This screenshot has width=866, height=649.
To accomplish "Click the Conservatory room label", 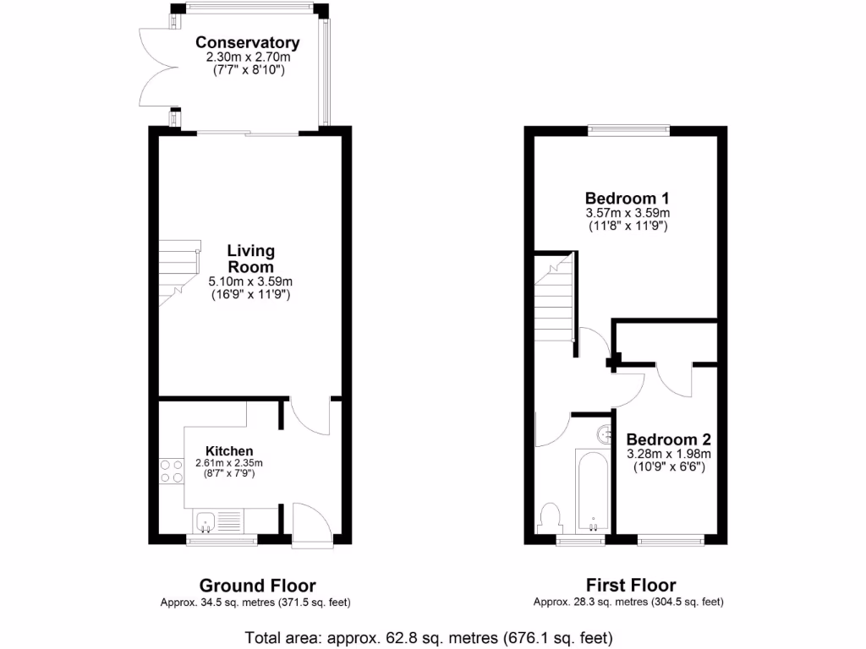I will click(247, 42).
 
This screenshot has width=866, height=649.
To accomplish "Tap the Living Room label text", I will click(250, 259).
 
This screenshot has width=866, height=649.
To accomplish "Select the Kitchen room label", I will click(229, 451).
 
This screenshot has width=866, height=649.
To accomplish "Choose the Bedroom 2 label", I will click(668, 439).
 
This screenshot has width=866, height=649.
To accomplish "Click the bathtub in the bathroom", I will click(593, 492).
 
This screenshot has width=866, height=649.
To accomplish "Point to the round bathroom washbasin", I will click(605, 434).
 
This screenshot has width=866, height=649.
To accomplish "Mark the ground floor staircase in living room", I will click(178, 271).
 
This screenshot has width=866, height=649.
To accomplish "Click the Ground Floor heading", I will click(257, 585).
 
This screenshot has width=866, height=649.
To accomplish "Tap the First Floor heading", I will click(631, 585).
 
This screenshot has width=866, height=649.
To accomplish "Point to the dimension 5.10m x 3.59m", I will click(250, 282).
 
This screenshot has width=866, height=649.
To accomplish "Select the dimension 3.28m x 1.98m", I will click(668, 454).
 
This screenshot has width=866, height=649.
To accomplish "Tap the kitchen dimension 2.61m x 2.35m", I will click(229, 463).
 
